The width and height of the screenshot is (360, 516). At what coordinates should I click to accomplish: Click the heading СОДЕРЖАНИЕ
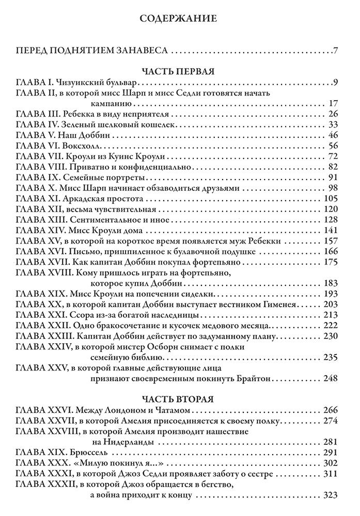180,20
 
